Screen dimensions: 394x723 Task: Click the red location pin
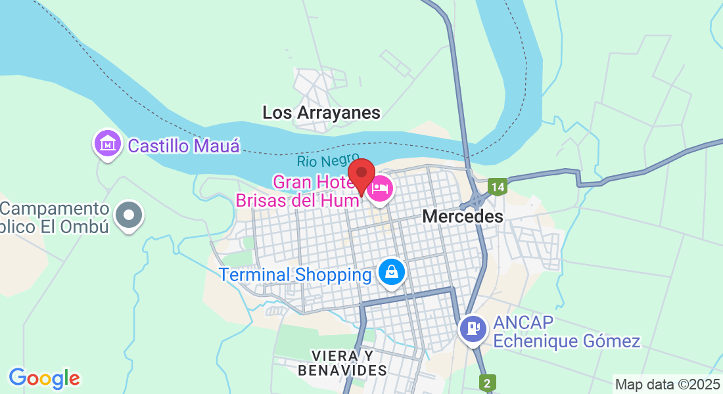tap(361, 175)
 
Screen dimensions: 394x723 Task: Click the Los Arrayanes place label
tap(321, 112)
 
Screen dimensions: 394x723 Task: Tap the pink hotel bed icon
tap(380, 190)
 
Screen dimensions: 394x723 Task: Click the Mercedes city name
tap(463, 216)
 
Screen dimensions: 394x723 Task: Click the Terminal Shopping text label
tap(295, 274)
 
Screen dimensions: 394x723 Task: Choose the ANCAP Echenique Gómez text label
tap(566, 332)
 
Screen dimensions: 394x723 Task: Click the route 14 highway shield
tap(498, 187)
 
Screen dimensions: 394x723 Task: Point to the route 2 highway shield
tap(487, 382)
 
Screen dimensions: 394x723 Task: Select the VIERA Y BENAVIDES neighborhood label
tap(342, 363)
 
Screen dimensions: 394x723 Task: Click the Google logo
tap(44, 378)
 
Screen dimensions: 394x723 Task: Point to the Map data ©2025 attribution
tap(667, 385)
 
